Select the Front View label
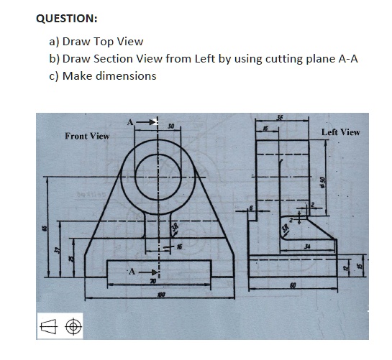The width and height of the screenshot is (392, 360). (x=87, y=136)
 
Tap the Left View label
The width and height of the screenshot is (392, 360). (x=340, y=132)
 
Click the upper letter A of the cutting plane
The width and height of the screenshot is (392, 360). (x=131, y=122)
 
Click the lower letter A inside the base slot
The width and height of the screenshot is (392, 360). (x=131, y=272)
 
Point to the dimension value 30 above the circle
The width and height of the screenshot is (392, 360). (x=170, y=127)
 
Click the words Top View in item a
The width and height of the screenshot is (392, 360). (x=118, y=42)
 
